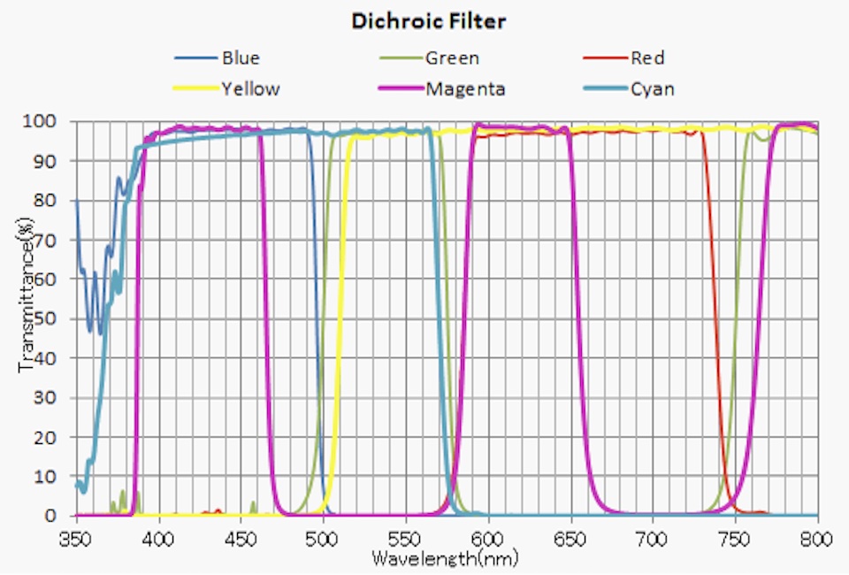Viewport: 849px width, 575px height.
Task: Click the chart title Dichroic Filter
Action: pyautogui.click(x=429, y=21)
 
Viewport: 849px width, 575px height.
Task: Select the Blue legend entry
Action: pyautogui.click(x=241, y=59)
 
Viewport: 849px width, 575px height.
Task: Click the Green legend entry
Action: pyautogui.click(x=452, y=59)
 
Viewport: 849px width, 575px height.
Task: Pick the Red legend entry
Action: pyautogui.click(x=647, y=59)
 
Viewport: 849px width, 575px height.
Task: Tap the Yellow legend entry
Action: pyautogui.click(x=250, y=88)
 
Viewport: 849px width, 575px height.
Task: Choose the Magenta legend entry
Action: pyautogui.click(x=465, y=88)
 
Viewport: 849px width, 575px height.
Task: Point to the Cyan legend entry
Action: pyautogui.click(x=653, y=88)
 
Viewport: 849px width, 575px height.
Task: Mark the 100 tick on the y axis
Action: pyautogui.click(x=46, y=121)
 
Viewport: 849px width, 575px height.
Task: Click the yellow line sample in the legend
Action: pyautogui.click(x=195, y=88)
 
